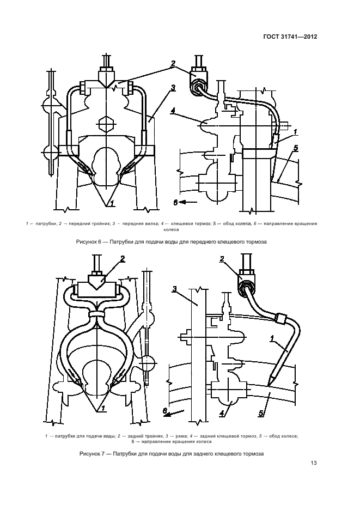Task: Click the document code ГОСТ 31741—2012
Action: (290, 37)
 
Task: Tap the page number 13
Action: (314, 463)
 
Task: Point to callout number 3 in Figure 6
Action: (173, 88)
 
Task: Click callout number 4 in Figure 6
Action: (173, 111)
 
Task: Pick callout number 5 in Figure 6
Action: (296, 148)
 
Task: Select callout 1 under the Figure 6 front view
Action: (112, 204)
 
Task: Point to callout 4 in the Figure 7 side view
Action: (222, 414)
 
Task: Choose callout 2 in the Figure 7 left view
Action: (123, 259)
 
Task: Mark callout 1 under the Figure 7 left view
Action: (103, 409)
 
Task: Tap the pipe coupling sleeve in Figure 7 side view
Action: (280, 318)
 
